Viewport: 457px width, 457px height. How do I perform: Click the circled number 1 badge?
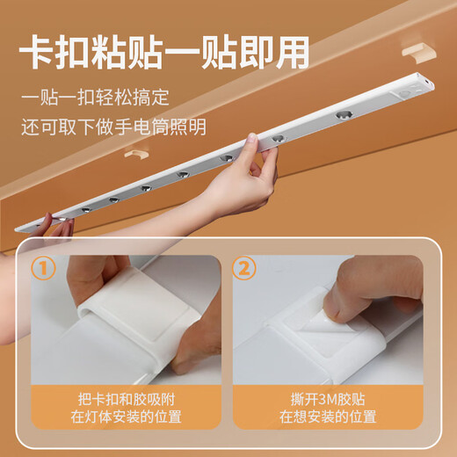(44, 268)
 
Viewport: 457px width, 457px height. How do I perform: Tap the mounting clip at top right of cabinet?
(420, 49)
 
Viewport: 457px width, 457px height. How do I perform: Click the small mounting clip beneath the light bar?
(134, 155)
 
